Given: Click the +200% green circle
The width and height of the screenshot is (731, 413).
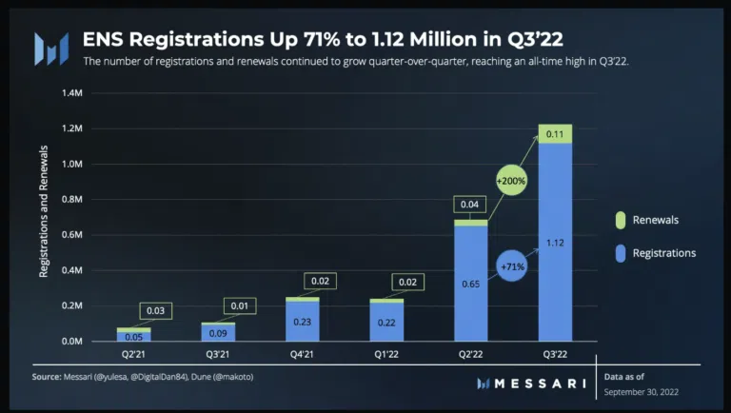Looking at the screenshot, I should pyautogui.click(x=511, y=180).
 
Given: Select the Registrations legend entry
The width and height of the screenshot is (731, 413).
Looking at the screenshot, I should pyautogui.click(x=663, y=253).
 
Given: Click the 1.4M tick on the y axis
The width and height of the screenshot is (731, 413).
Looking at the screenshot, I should pyautogui.click(x=72, y=93).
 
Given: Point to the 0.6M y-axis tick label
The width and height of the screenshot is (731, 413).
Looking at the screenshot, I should pyautogui.click(x=72, y=234).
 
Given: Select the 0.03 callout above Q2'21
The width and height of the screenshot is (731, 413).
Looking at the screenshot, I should pyautogui.click(x=154, y=310).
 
